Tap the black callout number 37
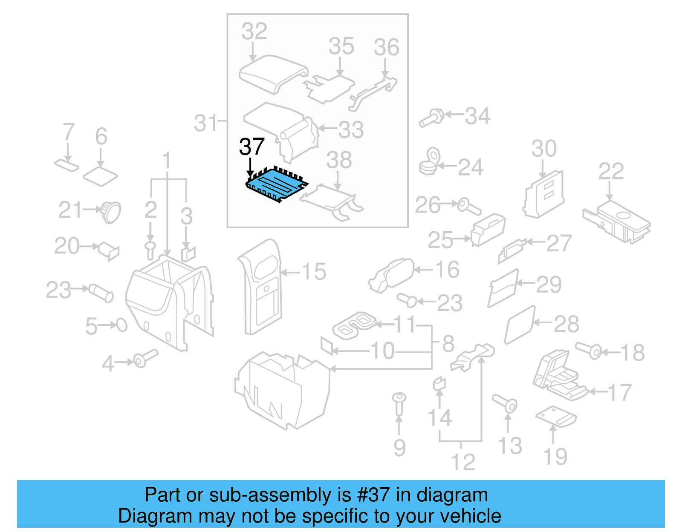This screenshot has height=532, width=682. pos(252,147)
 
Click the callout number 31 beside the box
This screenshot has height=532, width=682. pos(206,124)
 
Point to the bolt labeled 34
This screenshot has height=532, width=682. pos(431,118)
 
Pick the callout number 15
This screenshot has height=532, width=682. pos(314,272)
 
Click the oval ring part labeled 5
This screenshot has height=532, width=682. pos(122,325)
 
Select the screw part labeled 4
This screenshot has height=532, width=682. pos(145,358)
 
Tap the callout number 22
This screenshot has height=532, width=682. pos(611,172)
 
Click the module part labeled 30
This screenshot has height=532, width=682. pos(544,194)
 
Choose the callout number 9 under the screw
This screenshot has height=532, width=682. pos(399,448)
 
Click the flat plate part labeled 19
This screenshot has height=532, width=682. pos(556,416)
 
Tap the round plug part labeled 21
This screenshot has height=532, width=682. pos(111,212)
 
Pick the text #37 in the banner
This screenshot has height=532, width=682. pos(373,495)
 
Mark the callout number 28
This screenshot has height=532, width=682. pos(566,325)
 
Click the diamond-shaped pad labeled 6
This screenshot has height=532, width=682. pos(101,175)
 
